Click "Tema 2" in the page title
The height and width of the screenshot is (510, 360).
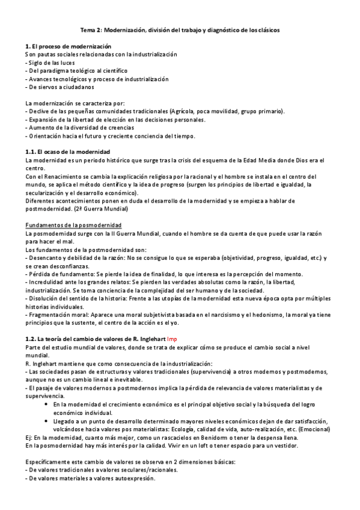pos(91,29)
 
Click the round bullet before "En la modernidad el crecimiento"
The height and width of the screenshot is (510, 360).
pos(47,405)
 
